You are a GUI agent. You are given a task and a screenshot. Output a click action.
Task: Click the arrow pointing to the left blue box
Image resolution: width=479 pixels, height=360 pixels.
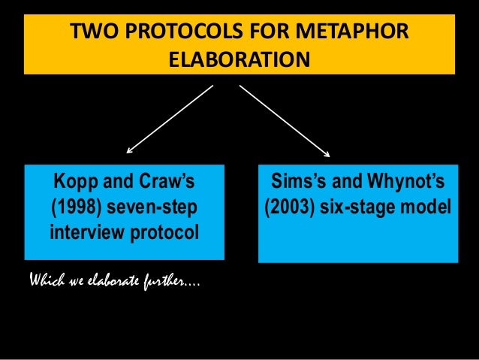(170, 119)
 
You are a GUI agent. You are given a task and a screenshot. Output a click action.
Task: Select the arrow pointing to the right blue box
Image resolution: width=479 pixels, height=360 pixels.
(285, 119)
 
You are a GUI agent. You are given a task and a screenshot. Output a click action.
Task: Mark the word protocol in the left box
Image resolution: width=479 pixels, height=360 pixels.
(166, 231)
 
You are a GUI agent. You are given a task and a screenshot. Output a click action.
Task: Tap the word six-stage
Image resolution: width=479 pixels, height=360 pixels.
(363, 205)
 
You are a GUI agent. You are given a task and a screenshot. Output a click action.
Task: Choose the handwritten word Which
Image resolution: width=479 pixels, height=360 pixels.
(44, 281)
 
